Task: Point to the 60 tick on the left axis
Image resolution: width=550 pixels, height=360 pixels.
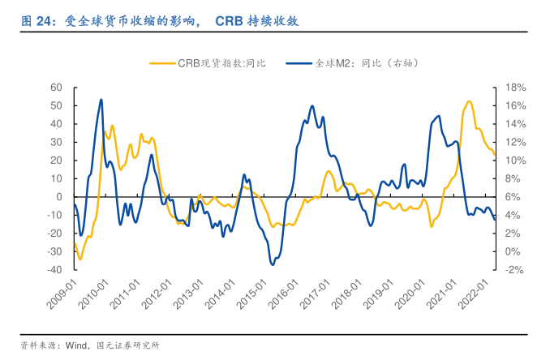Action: tap(57, 87)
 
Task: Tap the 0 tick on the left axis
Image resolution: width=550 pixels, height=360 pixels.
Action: tap(59, 196)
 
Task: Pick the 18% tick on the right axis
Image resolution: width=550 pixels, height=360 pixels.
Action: tap(516, 87)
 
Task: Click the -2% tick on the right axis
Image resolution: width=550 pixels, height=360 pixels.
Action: tap(515, 269)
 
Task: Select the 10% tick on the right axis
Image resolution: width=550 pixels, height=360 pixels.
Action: tap(516, 160)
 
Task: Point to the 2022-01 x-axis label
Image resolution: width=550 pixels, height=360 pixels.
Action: tap(479, 293)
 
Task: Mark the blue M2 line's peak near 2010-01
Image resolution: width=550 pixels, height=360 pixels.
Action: tap(101, 100)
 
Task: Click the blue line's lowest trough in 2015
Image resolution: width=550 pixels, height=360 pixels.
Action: tap(273, 264)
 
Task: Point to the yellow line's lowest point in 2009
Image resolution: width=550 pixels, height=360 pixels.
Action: tap(79, 259)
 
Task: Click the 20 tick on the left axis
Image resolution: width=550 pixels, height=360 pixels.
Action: tap(57, 160)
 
